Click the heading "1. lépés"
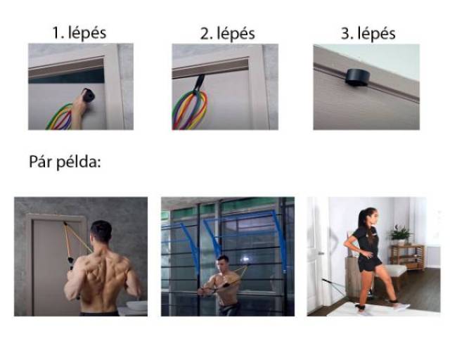(x=79, y=33)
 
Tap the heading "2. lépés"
(x=227, y=34)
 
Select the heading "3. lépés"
(x=368, y=34)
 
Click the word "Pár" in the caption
(x=41, y=161)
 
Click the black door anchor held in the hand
(x=89, y=95)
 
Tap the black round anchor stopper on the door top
(x=357, y=77)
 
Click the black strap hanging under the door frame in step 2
(x=198, y=83)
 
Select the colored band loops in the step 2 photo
(x=189, y=110)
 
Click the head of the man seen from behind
(x=101, y=232)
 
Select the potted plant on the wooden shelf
(x=400, y=234)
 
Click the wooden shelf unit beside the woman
(x=408, y=257)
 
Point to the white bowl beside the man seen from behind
(x=136, y=305)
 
